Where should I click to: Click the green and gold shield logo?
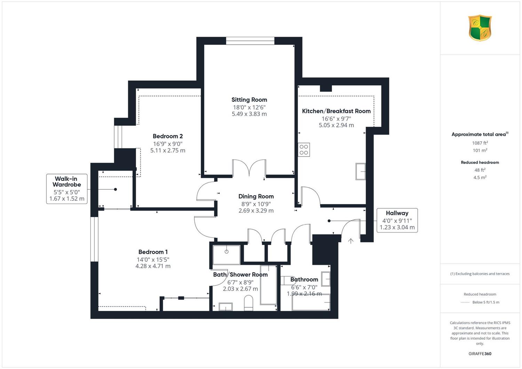[x=480, y=28]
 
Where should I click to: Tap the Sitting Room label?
[x=249, y=100]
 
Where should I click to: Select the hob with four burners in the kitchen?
[x=304, y=150]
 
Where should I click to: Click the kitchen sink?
[x=361, y=171]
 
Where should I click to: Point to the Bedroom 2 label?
[x=167, y=136]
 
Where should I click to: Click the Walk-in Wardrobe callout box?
[x=67, y=189]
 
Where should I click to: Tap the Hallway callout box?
[x=397, y=220]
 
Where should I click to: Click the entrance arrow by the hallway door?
[x=351, y=241]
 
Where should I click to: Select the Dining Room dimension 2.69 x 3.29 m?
[x=256, y=211]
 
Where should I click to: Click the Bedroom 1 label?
[x=153, y=252]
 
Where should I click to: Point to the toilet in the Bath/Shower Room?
[x=248, y=303]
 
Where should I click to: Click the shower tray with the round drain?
[x=227, y=255]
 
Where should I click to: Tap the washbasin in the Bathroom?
[x=326, y=279]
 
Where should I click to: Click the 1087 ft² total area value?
[x=480, y=143]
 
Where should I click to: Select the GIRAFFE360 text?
[x=480, y=354]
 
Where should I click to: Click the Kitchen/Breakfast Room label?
[x=336, y=111]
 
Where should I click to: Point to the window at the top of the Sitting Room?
[x=250, y=41]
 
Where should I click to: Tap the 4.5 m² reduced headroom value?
[x=480, y=178]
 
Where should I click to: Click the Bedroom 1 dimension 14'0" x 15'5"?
[x=153, y=259]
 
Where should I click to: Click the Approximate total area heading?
[x=480, y=134]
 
